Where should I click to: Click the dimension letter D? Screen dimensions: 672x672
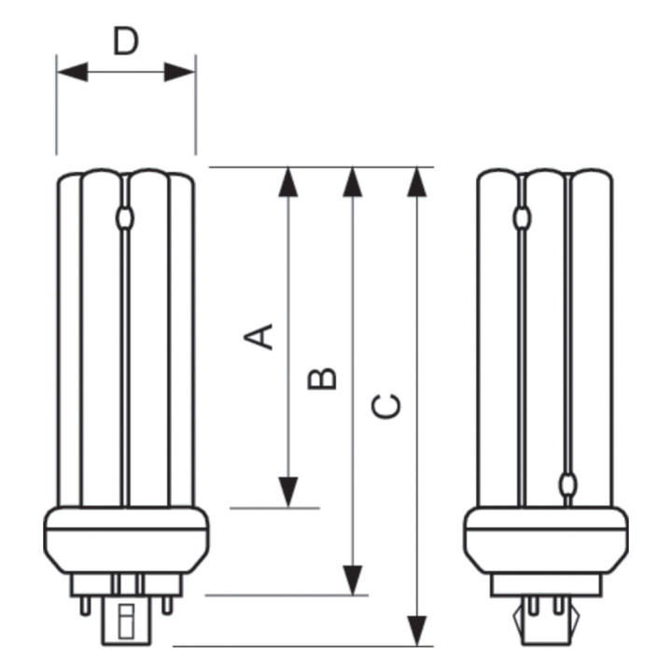click(126, 42)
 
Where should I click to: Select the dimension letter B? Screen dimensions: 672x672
click(323, 378)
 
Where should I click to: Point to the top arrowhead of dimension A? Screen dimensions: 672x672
click(288, 182)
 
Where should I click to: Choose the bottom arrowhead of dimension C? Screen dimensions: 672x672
click(417, 630)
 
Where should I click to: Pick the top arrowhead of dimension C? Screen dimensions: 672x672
click(417, 182)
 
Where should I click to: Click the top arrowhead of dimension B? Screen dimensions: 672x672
click(352, 182)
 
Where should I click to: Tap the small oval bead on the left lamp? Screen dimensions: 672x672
click(126, 219)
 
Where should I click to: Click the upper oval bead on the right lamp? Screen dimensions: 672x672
click(522, 219)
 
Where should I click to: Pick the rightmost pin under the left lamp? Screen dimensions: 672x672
click(167, 603)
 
